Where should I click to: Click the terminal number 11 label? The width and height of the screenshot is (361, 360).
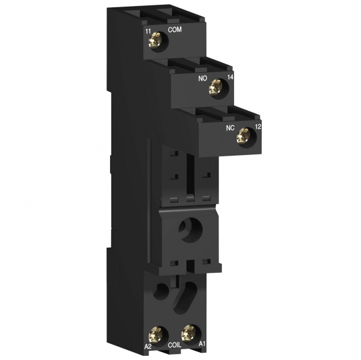(x=148, y=31)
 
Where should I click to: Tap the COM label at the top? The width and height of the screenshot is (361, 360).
(x=174, y=29)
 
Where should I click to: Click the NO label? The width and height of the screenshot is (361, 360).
(x=203, y=79)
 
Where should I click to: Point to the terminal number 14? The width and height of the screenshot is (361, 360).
(x=230, y=77)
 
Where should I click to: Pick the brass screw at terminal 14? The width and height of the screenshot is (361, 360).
(x=215, y=87)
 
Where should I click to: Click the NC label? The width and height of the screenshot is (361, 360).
(x=230, y=128)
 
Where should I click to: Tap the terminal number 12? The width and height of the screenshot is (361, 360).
(x=258, y=126)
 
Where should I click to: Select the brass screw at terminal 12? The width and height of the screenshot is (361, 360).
(x=243, y=136)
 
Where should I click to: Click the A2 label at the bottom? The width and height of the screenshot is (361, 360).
(x=148, y=346)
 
